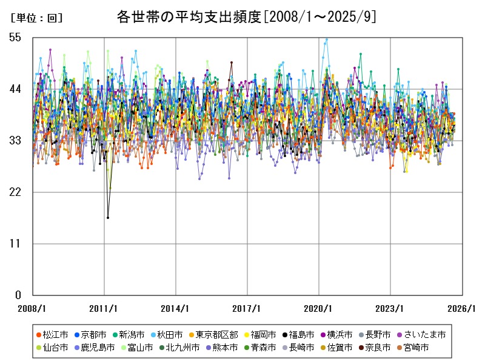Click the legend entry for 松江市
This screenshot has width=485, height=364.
pyautogui.click(x=53, y=334)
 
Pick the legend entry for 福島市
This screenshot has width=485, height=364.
pyautogui.click(x=301, y=334)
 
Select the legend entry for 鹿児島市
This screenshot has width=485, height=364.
pyautogui.click(x=96, y=348)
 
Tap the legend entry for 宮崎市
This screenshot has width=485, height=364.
pyautogui.click(x=416, y=348)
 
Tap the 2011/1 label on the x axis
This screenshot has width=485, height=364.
pyautogui.click(x=104, y=308)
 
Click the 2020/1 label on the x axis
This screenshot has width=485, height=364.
pyautogui.click(x=319, y=308)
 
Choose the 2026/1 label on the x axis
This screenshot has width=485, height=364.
pyautogui.click(x=462, y=308)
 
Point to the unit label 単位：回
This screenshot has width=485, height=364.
pyautogui.click(x=36, y=18)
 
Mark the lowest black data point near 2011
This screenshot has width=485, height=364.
pyautogui.click(x=108, y=217)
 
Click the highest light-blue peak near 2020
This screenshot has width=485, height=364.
pyautogui.click(x=327, y=39)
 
